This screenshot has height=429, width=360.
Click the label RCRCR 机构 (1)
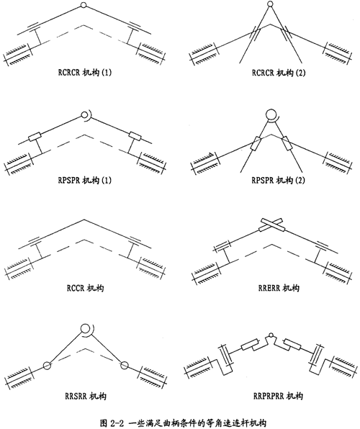[85, 73]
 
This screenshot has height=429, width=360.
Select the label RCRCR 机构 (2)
[279, 73]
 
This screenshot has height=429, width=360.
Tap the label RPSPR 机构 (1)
[85, 180]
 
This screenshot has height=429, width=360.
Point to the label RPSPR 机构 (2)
[278, 180]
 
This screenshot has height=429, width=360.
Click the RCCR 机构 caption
[85, 288]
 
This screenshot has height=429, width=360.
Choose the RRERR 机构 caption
[279, 288]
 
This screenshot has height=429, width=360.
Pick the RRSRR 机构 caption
[86, 396]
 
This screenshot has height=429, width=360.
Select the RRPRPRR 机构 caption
[278, 396]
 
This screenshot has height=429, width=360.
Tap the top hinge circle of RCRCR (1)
[84, 5]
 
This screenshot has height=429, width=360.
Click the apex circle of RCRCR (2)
[270, 4]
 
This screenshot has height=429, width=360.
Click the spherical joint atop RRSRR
[85, 328]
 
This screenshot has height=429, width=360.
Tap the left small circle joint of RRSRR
[47, 365]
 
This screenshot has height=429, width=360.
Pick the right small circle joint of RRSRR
[125, 365]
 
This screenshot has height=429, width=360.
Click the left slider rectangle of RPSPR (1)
[35, 137]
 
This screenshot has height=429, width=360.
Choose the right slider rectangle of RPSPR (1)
[135, 136]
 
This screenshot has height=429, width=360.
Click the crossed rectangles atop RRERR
[272, 225]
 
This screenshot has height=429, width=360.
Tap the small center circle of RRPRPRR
[271, 335]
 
